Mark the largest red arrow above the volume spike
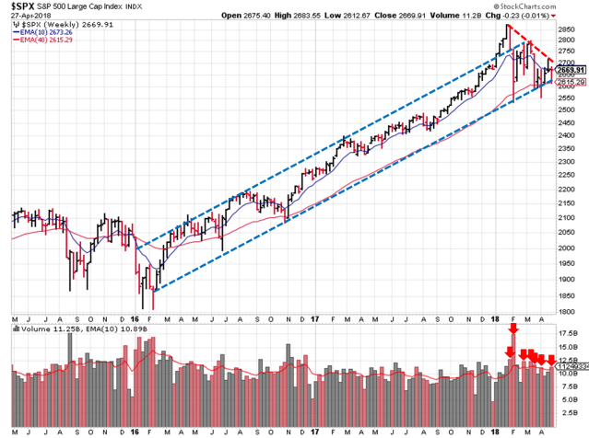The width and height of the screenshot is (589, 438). [513, 327]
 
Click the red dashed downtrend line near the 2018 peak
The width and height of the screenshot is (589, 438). [530, 43]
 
